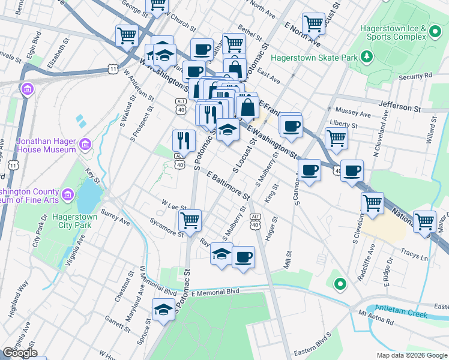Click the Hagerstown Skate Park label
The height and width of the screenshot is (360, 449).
(x=313, y=58)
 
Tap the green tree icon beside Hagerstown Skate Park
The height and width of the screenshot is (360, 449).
(x=366, y=58)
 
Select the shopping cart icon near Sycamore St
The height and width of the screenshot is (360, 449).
(x=190, y=220)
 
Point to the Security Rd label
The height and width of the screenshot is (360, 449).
(x=415, y=77)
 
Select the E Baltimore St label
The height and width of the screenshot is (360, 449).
(x=228, y=186)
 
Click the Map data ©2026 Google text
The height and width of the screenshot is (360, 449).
(x=411, y=355)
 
